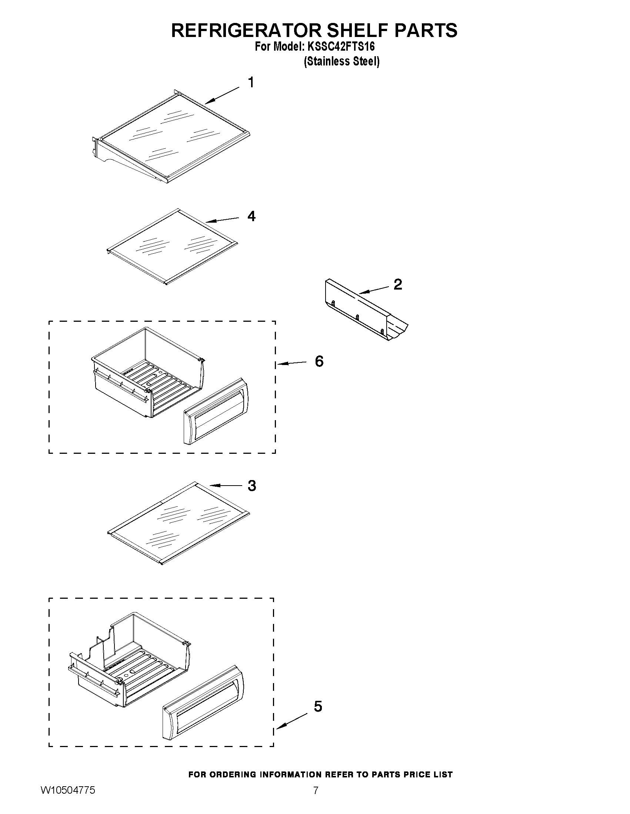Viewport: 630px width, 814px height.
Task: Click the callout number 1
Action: [x=251, y=82]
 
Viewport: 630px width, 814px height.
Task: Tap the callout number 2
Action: [x=398, y=284]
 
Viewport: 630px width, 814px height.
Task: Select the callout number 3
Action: [x=252, y=486]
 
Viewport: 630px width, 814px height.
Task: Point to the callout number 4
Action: [x=251, y=216]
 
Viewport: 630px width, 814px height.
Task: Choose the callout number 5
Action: [x=318, y=706]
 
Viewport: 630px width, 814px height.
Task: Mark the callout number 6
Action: [x=319, y=361]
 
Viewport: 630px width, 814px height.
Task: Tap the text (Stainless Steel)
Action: [x=341, y=61]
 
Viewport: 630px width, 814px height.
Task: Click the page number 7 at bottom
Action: [x=316, y=801]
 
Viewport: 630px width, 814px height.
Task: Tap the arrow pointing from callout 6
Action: [x=291, y=363]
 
